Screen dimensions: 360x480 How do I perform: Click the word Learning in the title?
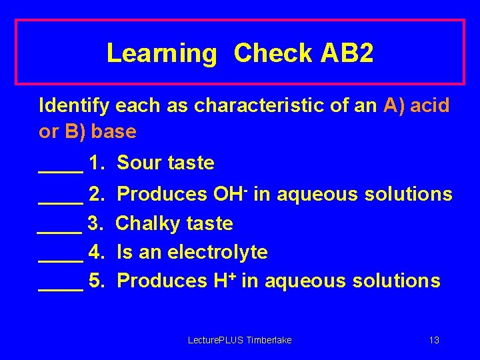click(x=161, y=53)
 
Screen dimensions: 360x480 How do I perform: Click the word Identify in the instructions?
click(x=75, y=105)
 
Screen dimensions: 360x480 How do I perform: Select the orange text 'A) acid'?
click(x=417, y=105)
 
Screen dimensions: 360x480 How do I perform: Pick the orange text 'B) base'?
click(x=100, y=131)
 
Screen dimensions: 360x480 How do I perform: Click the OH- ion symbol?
click(x=230, y=193)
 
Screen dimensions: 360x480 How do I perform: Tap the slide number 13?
click(x=434, y=341)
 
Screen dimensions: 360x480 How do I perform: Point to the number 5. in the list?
click(x=97, y=281)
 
